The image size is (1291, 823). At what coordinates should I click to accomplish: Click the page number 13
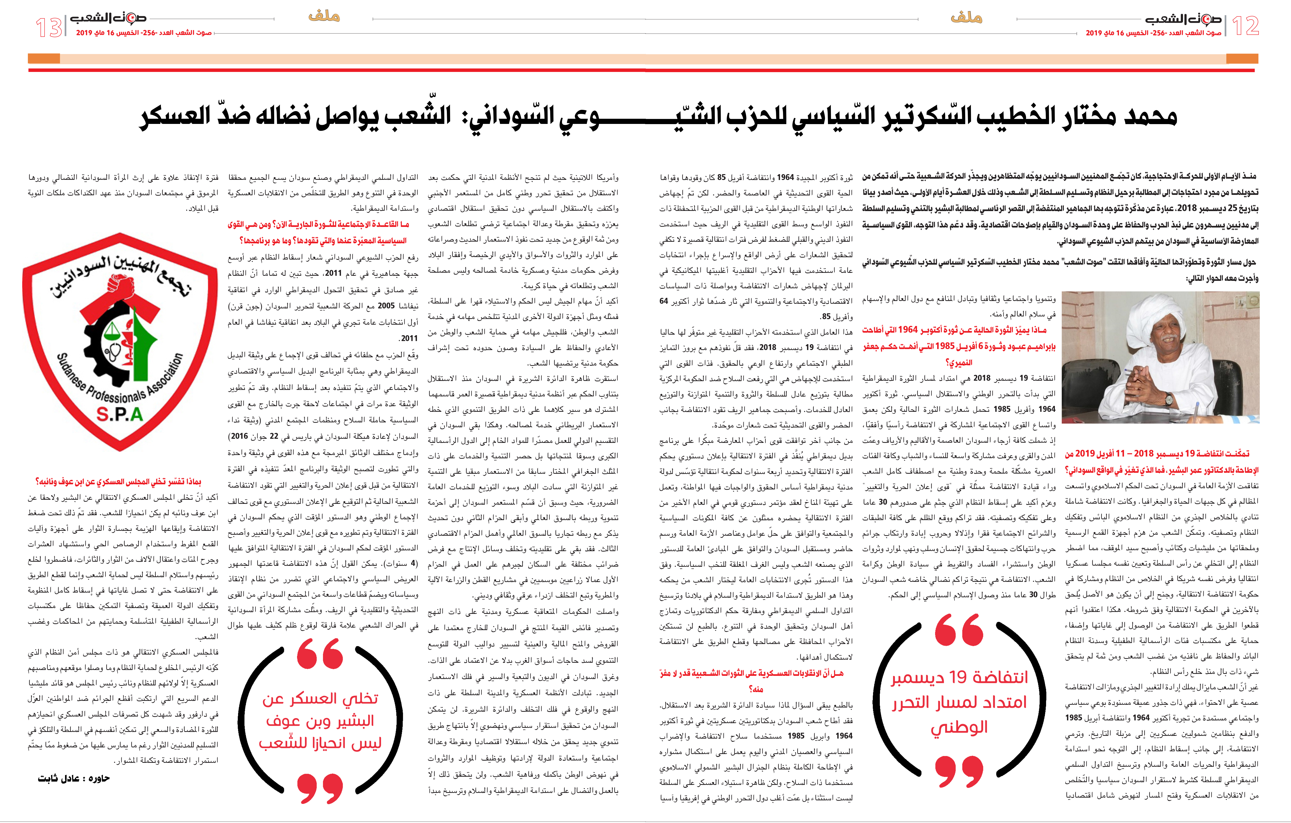tap(48, 27)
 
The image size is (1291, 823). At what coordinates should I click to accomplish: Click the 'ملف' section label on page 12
tap(966, 18)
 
